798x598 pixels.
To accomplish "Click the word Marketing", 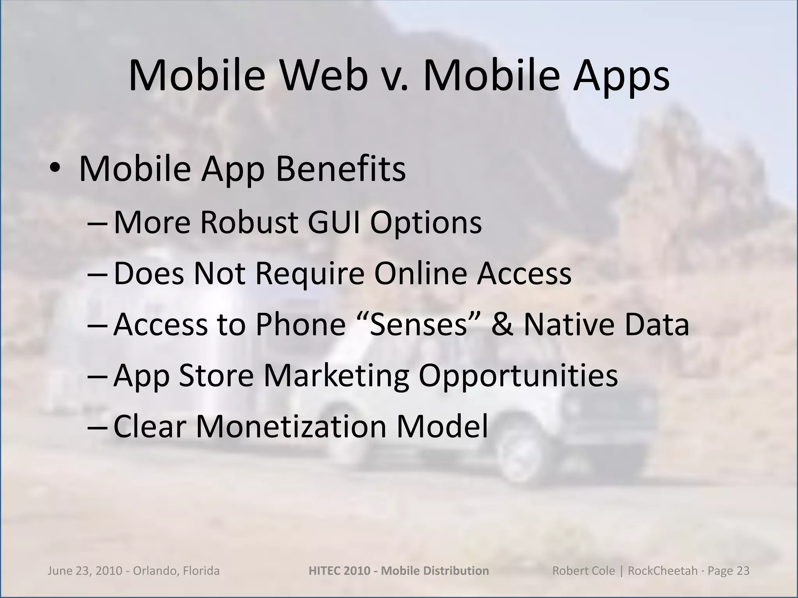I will point(336,376).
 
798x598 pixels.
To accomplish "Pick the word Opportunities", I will point(518,376).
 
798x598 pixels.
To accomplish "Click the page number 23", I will point(742,571).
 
